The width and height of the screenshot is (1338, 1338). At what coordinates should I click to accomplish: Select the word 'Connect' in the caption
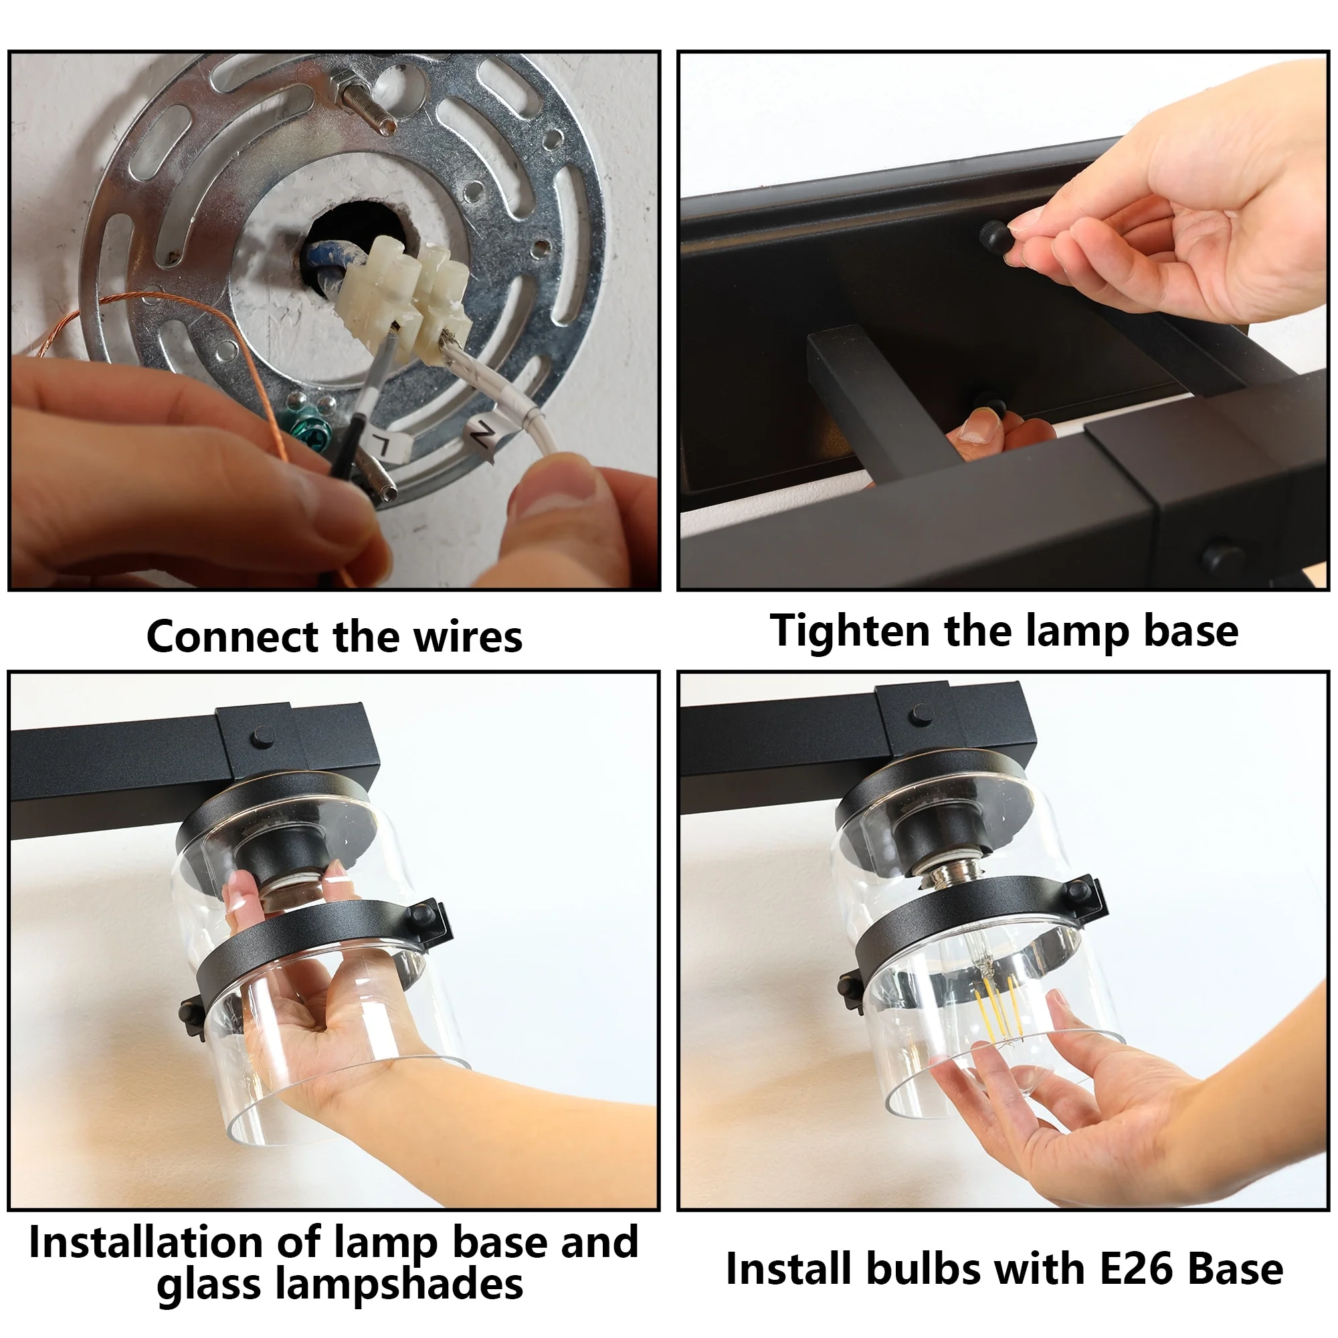coord(233,637)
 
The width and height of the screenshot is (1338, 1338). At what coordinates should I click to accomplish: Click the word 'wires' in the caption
coord(468,637)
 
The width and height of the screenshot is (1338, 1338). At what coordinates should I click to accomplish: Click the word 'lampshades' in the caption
coord(399,1285)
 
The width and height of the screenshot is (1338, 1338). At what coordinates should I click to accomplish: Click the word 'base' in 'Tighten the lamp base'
coord(1191,632)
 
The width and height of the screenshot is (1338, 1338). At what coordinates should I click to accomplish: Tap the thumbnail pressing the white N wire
coord(554,485)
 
